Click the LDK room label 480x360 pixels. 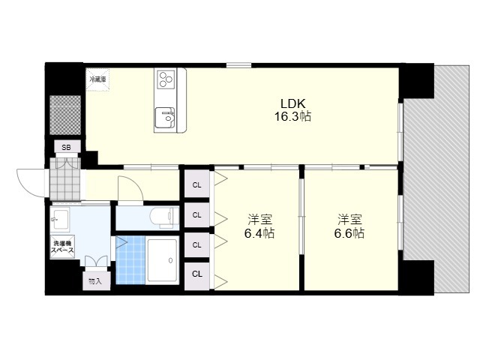pos(293,103)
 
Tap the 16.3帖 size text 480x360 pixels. pos(292,117)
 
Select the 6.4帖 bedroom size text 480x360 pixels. pos(259,233)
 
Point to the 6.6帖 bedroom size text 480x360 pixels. pos(349,233)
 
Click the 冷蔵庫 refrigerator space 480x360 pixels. pos(97,79)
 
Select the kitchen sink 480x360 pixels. pos(165,118)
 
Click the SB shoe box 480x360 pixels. pos(67,147)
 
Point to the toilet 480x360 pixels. pos(164,217)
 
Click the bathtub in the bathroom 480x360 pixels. pos(162,260)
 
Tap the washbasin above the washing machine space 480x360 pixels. pos(60,218)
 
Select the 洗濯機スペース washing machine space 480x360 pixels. pos(62,247)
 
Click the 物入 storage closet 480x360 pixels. pos(96,280)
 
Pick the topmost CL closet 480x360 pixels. pos(196,184)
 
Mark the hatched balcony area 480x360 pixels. pos(436,180)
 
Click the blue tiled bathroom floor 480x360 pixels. pos(130,260)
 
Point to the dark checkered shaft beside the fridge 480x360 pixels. pos(65,115)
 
